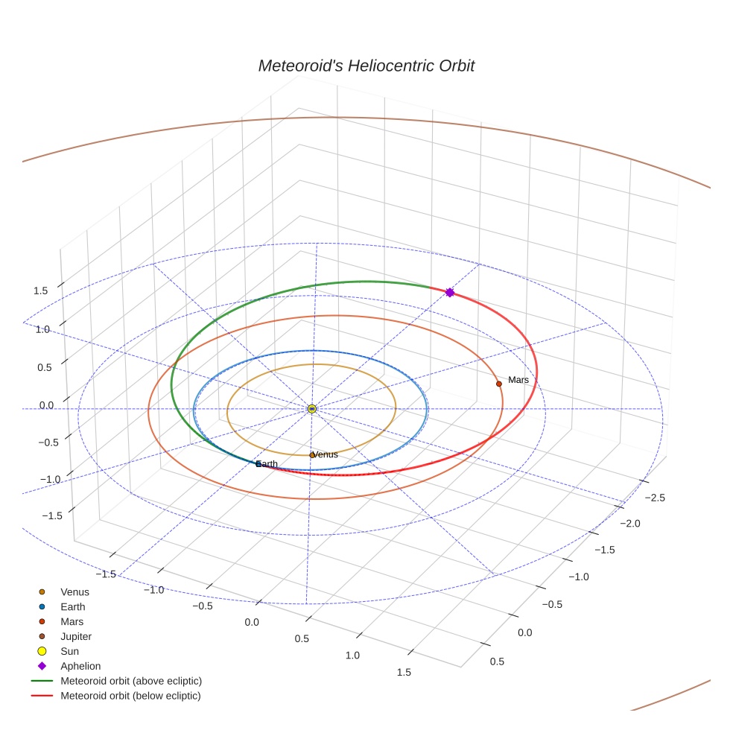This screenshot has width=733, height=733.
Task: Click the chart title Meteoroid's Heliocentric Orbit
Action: coord(366,66)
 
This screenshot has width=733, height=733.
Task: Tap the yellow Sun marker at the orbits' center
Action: coord(312,408)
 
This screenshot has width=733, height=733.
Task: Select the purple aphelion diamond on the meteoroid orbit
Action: coord(449,293)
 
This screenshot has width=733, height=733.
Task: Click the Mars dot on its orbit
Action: coord(499,384)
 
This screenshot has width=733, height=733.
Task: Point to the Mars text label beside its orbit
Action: coord(518,380)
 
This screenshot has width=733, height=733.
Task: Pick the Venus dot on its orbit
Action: coord(312,455)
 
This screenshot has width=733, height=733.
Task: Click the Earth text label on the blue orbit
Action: coord(267,464)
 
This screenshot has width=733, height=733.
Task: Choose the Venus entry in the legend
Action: coord(74,592)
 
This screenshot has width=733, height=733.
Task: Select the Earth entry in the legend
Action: coord(72,607)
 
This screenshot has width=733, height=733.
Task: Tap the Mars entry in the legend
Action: coord(72,621)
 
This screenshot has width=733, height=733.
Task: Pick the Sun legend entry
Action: coord(69,651)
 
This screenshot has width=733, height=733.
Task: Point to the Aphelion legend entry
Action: coord(80,666)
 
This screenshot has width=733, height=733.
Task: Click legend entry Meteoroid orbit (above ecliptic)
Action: coord(131,681)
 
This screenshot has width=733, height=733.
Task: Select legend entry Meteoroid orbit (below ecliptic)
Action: coord(131,696)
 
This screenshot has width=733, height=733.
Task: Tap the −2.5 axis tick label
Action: coord(655,498)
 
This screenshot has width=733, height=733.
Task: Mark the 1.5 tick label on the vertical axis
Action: coord(42,291)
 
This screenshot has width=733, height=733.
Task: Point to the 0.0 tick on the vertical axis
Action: coord(46,405)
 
